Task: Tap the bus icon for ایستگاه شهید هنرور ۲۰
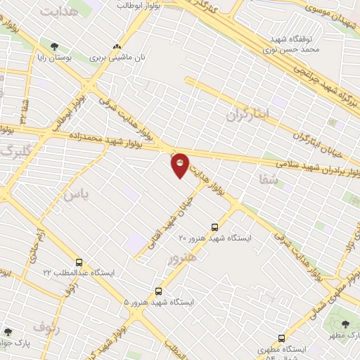214,227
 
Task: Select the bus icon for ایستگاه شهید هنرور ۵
158,291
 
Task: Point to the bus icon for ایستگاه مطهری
282,338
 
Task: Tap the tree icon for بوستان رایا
55,47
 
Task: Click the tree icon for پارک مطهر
345,325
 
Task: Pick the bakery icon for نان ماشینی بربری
117,48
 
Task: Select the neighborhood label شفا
269,181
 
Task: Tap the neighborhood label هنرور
179,259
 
